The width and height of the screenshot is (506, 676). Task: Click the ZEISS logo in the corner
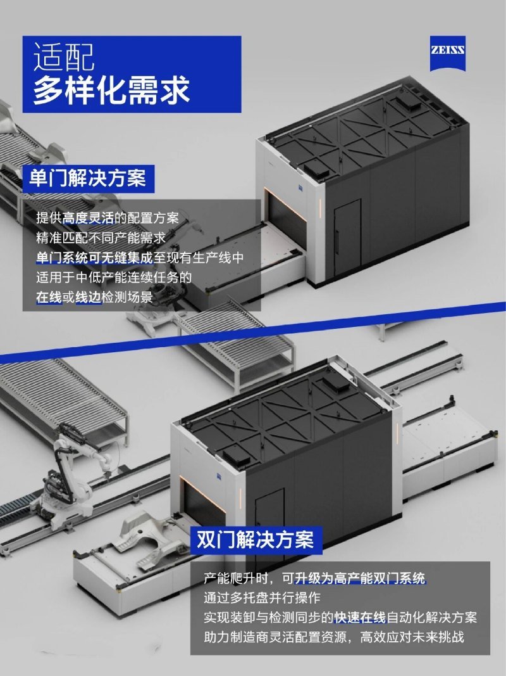[x=447, y=53]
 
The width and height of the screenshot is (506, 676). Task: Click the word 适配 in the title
[x=63, y=56]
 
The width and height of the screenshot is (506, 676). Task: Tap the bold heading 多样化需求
[x=111, y=90]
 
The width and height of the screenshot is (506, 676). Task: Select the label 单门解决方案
[x=88, y=178]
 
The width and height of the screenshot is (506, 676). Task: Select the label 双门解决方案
[x=256, y=540]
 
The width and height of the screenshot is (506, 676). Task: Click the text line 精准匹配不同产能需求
[x=101, y=238]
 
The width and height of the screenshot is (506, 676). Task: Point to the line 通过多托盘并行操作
[x=262, y=597]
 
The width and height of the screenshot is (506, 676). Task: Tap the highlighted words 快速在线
[x=360, y=617]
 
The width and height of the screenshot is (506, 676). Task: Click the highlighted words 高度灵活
[x=88, y=218]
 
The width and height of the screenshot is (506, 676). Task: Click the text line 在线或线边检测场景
[x=94, y=297]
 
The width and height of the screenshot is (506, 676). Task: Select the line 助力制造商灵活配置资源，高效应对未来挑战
[x=334, y=637]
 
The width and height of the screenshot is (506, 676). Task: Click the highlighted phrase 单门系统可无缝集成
[x=94, y=257]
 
